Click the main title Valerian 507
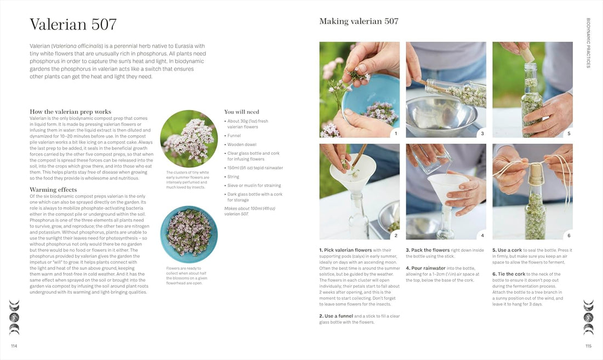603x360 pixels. click(x=73, y=25)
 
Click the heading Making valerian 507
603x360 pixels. click(x=359, y=21)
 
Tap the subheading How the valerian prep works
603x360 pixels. click(x=70, y=111)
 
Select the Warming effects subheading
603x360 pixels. click(x=53, y=190)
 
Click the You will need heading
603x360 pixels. click(x=242, y=111)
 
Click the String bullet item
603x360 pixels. click(x=233, y=177)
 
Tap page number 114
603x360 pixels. click(x=14, y=346)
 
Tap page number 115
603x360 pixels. click(x=588, y=346)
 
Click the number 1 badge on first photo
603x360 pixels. click(x=395, y=133)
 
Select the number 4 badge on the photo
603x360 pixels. click(x=482, y=235)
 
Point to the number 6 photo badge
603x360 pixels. click(x=568, y=235)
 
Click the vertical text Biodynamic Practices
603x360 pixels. click(x=588, y=43)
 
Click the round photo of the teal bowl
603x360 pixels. click(x=189, y=234)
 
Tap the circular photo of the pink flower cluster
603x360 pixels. click(x=189, y=139)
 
